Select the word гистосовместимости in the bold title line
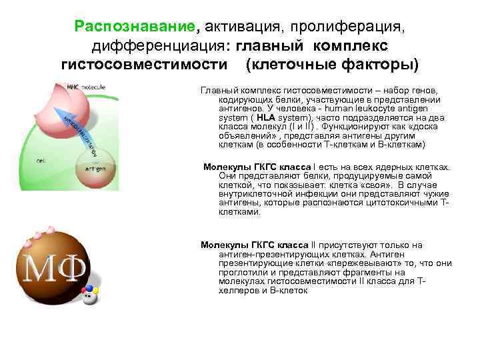(143, 65)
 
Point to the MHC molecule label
(87, 86)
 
